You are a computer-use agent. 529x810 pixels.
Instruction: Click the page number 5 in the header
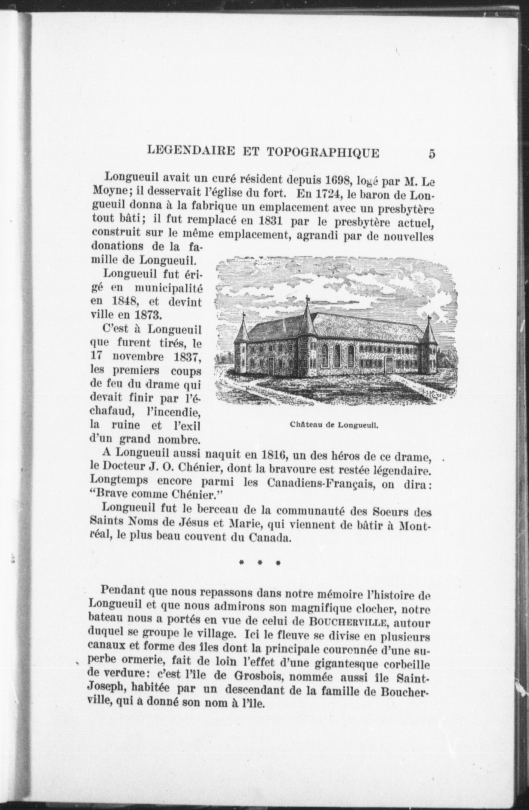(x=432, y=153)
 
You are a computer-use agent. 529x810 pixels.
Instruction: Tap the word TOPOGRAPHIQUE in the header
(x=322, y=152)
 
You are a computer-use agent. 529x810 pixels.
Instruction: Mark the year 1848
(x=124, y=302)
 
